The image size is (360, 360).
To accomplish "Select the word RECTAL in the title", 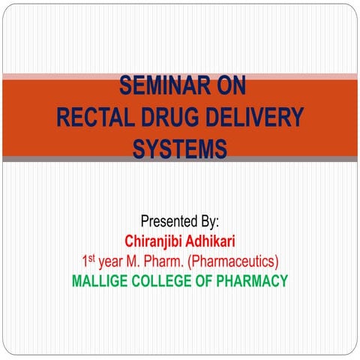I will click(x=95, y=118).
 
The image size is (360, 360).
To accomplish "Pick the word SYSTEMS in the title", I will click(x=180, y=148).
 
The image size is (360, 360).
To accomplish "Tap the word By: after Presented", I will click(x=208, y=222).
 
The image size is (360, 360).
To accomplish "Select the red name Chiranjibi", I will click(x=156, y=241).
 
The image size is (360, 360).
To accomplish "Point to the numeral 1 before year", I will click(x=85, y=262).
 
